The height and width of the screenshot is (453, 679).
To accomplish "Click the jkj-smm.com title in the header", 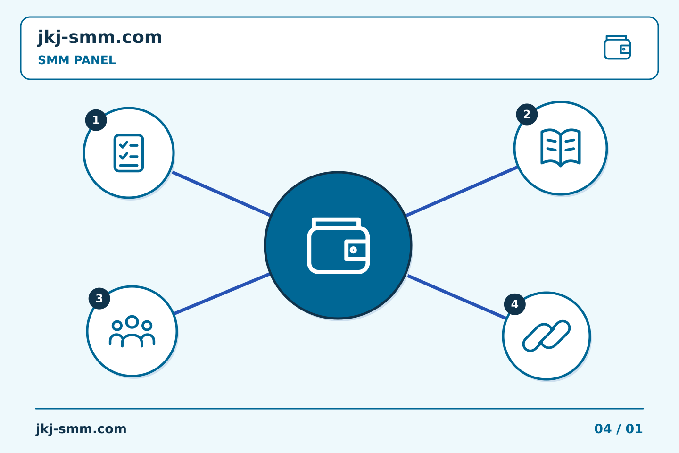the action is point(100,38).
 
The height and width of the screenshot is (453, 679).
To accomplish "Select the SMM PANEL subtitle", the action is point(77,60).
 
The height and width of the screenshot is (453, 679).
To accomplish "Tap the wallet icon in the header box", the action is point(617,47).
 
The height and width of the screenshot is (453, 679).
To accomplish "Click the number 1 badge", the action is point(96,120).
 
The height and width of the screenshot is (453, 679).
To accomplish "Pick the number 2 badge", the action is point(527,114).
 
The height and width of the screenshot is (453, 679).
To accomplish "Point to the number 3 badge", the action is point(99,299).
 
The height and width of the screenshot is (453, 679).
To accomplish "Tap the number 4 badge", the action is point(515,304).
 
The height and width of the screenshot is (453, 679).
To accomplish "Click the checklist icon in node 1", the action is point(129,153).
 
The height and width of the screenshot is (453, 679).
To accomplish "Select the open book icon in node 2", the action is point(561,148).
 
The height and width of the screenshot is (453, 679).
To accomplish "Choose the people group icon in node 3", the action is point(132,331).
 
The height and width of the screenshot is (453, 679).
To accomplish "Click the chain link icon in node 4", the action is point(546,336).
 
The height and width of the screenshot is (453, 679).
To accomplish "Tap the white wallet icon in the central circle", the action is point(338,246).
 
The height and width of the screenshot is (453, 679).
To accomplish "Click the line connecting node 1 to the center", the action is point(221,194).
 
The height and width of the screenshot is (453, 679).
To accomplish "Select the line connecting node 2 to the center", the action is point(461,191).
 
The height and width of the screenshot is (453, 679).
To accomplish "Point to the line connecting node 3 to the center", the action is point(222,294).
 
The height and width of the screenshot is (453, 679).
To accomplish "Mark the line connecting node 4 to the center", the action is point(457,297).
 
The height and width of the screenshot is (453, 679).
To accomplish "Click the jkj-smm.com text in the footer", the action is point(81,429).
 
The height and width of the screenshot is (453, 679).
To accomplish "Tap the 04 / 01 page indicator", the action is point(618,429).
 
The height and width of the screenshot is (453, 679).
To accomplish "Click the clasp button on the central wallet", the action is point(353,250).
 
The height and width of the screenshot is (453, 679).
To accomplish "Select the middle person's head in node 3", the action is point(132,322).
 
